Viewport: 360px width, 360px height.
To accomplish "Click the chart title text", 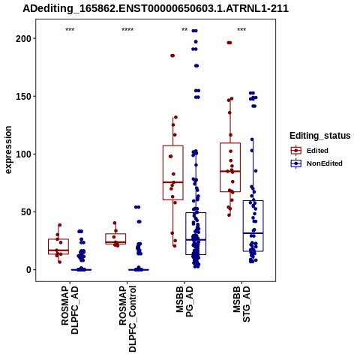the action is point(155,8).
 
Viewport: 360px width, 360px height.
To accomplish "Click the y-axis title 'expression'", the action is point(8,150).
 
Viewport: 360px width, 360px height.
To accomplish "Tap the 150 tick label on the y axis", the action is point(23,96).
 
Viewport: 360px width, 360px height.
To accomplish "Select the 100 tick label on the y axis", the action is point(23,154).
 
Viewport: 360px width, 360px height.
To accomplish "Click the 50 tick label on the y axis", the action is point(26,212).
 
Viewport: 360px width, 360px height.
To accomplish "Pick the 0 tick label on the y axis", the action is point(28,270).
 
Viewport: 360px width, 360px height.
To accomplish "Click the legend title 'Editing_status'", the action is point(320,136).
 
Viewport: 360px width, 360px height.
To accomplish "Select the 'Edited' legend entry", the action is point(317,151).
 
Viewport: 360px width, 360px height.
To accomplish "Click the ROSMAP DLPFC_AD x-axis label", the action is point(70,310).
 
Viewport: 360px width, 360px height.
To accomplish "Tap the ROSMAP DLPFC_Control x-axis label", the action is point(127,319).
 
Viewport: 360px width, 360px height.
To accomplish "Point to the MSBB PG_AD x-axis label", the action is point(184,301).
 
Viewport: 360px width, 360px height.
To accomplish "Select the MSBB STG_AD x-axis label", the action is point(241,304).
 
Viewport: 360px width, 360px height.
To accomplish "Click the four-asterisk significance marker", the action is point(127,30).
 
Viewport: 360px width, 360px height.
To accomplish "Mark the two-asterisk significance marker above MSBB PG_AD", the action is point(184,30).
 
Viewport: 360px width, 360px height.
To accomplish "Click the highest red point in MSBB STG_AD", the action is point(229,43).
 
